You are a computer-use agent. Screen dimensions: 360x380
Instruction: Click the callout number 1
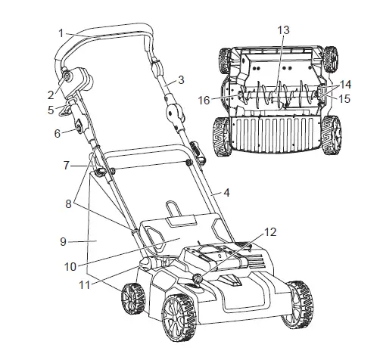[x=61, y=33]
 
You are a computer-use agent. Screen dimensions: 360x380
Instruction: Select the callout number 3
[x=182, y=79]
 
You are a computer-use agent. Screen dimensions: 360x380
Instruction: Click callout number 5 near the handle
[x=51, y=110]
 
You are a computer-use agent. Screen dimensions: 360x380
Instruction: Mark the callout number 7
[x=66, y=164]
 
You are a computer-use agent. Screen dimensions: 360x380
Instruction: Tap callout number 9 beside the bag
[x=64, y=241]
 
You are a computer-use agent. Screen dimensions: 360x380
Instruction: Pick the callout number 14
[x=346, y=86]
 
